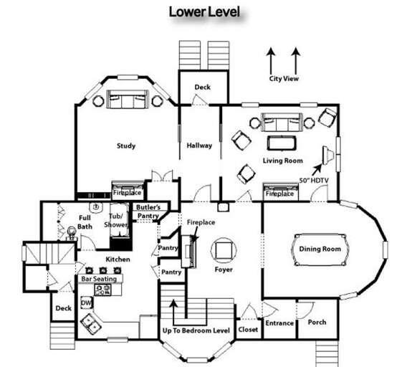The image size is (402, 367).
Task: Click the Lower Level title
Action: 204,12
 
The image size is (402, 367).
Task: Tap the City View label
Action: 284,78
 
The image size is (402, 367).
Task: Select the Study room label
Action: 126,146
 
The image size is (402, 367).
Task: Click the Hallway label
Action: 199,146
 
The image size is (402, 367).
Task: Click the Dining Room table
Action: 319,249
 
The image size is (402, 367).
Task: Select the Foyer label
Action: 224,272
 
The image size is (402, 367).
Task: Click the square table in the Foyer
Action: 224,250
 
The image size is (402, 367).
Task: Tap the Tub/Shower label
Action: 116,219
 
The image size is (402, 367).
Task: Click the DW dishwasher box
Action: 86,303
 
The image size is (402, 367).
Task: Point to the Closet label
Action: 248,330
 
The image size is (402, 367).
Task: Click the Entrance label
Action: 279,323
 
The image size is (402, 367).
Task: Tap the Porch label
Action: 317,322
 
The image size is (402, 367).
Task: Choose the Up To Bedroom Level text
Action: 197,330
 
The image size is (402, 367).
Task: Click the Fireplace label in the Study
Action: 127,193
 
